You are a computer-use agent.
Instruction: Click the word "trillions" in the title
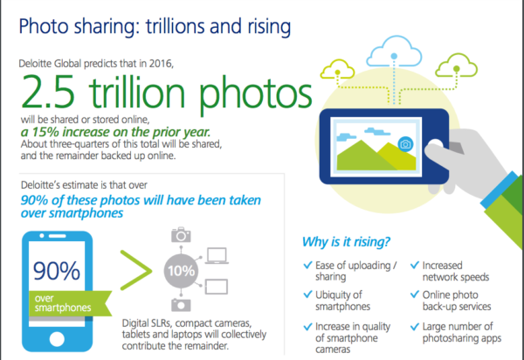[175, 26]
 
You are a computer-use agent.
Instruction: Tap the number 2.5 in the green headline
[48, 92]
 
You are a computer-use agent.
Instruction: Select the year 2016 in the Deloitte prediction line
[161, 64]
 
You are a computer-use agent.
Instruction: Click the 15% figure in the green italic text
[45, 132]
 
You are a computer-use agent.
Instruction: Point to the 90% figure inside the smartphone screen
[57, 270]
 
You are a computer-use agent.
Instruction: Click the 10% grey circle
[181, 271]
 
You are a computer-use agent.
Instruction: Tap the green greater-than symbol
[135, 270]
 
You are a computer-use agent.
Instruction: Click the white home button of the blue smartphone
[57, 339]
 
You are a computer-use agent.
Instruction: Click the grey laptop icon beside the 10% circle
[217, 256]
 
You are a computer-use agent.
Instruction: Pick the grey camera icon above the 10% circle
[181, 235]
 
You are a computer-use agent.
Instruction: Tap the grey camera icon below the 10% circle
[181, 304]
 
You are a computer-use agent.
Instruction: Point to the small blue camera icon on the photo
[405, 144]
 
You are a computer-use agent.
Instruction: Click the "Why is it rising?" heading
[346, 242]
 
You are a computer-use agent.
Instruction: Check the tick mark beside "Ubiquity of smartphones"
[307, 294]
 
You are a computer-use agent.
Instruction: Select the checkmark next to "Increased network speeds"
[414, 265]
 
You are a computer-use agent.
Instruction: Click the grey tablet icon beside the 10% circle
[217, 287]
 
